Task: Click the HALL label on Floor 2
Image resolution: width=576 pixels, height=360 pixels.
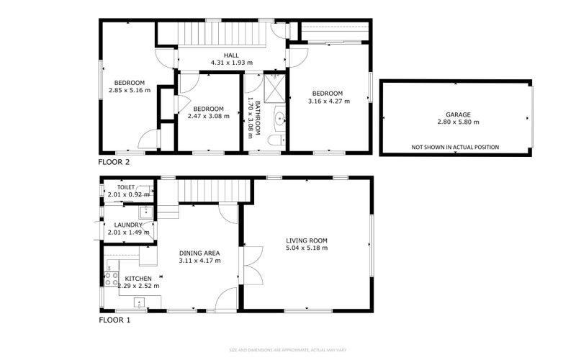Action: [x=231, y=55]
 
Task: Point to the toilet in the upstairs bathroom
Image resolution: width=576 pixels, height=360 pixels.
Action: [x=277, y=138]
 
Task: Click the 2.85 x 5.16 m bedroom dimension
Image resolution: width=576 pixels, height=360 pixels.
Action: [x=130, y=90]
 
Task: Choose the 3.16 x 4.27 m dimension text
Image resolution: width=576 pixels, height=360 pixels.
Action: [x=330, y=102]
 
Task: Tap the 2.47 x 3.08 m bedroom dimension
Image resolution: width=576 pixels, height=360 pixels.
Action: [x=208, y=115]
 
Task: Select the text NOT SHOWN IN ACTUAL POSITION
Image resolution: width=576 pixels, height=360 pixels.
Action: [x=455, y=147]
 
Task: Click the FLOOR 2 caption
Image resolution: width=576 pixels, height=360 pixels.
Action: [x=114, y=162]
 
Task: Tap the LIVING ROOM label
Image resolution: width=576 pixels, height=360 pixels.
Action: [x=307, y=240]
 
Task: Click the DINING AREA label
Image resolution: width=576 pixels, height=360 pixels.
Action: [x=199, y=253]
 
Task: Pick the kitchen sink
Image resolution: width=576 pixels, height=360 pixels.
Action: [x=140, y=302]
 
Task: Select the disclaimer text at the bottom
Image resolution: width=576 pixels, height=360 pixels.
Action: [x=288, y=351]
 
